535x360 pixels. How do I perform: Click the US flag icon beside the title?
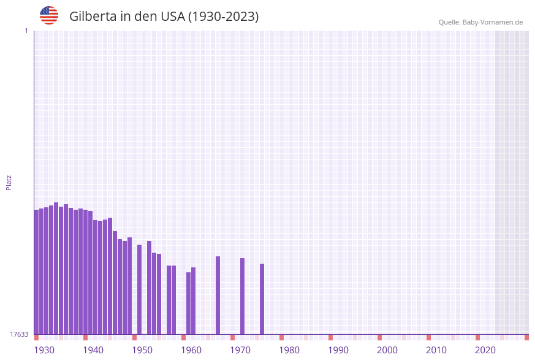pyautogui.click(x=49, y=15)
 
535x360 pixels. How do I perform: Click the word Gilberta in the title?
pyautogui.click(x=93, y=17)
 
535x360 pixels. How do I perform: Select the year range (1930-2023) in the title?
pyautogui.click(x=223, y=17)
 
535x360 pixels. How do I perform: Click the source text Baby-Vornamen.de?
pyautogui.click(x=493, y=22)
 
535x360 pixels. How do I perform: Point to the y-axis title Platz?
pyautogui.click(x=9, y=182)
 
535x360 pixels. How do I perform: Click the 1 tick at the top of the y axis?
pyautogui.click(x=26, y=31)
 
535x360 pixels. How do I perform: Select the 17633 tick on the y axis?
pyautogui.click(x=19, y=334)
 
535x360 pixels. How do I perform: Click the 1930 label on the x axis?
pyautogui.click(x=44, y=350)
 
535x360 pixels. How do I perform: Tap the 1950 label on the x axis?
pyautogui.click(x=142, y=350)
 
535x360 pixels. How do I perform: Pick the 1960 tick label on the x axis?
pyautogui.click(x=191, y=350)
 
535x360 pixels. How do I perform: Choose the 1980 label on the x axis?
pyautogui.click(x=289, y=350)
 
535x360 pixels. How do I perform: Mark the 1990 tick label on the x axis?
pyautogui.click(x=338, y=350)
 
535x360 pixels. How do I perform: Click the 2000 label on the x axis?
pyautogui.click(x=387, y=350)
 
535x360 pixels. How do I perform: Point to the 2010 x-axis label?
pyautogui.click(x=436, y=350)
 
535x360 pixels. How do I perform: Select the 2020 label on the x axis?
pyautogui.click(x=485, y=350)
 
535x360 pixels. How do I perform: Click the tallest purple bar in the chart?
pyautogui.click(x=56, y=268)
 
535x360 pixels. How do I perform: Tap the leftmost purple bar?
pyautogui.click(x=36, y=272)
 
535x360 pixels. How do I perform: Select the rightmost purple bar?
pyautogui.click(x=262, y=299)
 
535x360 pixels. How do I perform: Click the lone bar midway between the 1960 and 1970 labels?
pyautogui.click(x=218, y=295)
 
